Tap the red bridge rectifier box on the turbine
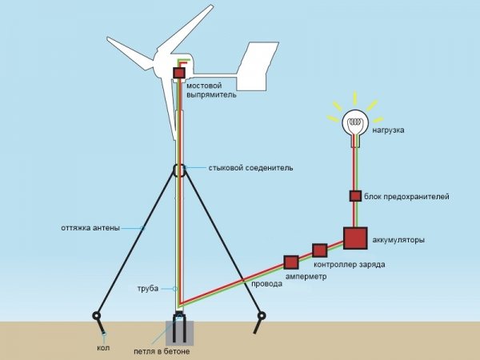tap(178, 74)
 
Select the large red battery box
tap(354, 238)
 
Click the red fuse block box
tap(354, 196)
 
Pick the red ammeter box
tap(290, 262)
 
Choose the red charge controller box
tap(319, 250)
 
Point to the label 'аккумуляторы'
tap(398, 240)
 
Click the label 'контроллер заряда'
tap(349, 264)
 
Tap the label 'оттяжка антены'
tap(90, 228)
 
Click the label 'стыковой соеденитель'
tap(250, 169)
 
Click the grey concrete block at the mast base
tap(179, 330)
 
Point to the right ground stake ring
tap(261, 316)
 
